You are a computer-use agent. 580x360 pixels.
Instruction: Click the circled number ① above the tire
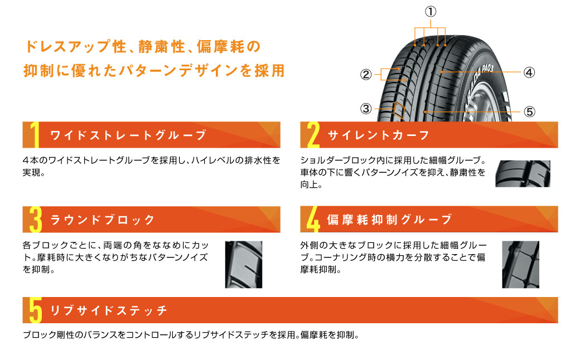pos(430,12)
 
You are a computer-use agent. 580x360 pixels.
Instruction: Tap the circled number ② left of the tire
pos(366,75)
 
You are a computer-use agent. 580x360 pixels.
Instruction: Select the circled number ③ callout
pos(366,109)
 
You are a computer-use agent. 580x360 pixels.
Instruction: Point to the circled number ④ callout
pos(529,72)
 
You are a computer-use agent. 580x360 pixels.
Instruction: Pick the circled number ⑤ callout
pos(529,111)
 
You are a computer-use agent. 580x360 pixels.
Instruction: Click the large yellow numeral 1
pos(35,135)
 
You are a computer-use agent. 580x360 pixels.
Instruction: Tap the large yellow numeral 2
pos(313,135)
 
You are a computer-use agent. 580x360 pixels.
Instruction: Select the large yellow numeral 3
pos(36,220)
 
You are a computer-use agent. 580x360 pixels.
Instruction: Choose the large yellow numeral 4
pos(313,220)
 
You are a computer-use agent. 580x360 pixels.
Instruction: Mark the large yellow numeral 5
pos(36,310)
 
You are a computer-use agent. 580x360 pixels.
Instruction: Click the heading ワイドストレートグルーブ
pos(128,135)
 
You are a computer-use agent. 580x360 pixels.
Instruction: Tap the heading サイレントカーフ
pos(379,135)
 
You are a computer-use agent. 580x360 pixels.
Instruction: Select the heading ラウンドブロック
pos(102,220)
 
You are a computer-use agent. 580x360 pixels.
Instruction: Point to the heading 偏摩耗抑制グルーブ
pos(389,220)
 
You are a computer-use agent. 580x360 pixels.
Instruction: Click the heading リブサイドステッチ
pos(108,310)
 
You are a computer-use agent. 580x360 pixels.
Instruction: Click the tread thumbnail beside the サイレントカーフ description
pos(523,174)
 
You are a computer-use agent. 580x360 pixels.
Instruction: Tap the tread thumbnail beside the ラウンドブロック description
pos(243,265)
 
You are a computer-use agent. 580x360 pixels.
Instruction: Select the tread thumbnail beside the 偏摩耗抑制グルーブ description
pos(520,265)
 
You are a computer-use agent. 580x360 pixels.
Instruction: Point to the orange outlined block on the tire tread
pos(399,110)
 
